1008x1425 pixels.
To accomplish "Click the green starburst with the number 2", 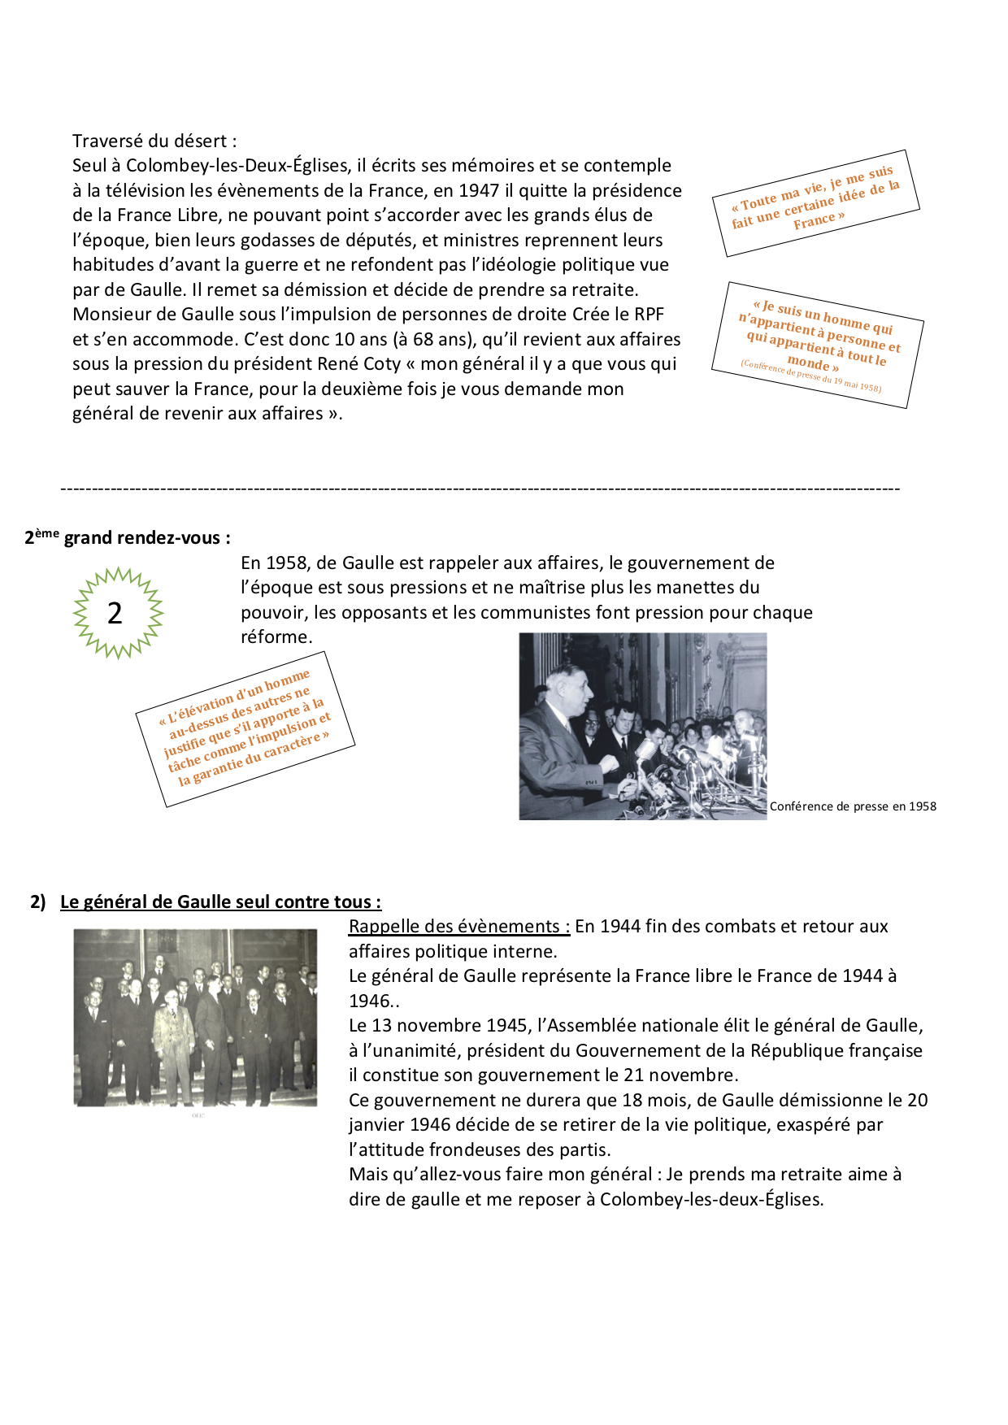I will (x=118, y=613).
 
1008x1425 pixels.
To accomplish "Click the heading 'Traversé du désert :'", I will (x=154, y=141).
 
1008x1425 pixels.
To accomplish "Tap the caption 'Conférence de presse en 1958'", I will (x=853, y=806).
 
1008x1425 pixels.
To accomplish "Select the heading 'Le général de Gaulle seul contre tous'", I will (x=220, y=901).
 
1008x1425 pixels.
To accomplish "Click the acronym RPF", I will (x=649, y=315).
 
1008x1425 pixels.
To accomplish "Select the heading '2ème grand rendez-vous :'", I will (x=128, y=537).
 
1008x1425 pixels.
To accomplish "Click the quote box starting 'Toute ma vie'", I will (x=815, y=202).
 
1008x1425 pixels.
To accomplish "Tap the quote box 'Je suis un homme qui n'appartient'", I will (x=817, y=343).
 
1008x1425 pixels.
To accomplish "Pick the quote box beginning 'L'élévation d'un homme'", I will (x=245, y=728).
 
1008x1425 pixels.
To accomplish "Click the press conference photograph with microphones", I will (x=642, y=726).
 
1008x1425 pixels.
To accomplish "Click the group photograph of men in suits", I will (x=195, y=1017).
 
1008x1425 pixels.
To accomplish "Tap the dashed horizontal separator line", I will (x=480, y=489).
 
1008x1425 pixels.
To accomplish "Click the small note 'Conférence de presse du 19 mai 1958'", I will (x=810, y=376).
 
